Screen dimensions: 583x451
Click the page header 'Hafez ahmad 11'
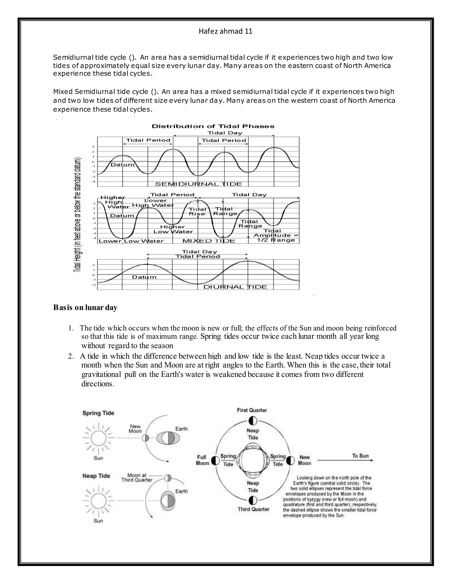(225, 31)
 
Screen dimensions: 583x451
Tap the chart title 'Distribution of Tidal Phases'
(213, 126)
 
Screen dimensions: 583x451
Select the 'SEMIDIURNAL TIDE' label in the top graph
(198, 184)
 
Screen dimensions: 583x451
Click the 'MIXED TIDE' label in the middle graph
(209, 241)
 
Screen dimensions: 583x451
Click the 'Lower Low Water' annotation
(131, 241)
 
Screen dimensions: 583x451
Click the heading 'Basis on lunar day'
(85, 308)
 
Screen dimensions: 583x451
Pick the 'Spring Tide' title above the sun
(98, 413)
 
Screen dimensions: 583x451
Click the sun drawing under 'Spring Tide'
(98, 438)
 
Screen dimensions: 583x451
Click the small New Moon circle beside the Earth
(145, 438)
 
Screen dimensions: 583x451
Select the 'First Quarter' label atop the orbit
(252, 410)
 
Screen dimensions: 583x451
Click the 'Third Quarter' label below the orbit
(253, 509)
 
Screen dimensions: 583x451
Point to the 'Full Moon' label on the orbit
(202, 460)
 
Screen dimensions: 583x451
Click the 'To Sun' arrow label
(360, 456)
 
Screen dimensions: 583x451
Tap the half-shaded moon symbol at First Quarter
(253, 421)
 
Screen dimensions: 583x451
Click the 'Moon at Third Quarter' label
(137, 478)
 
